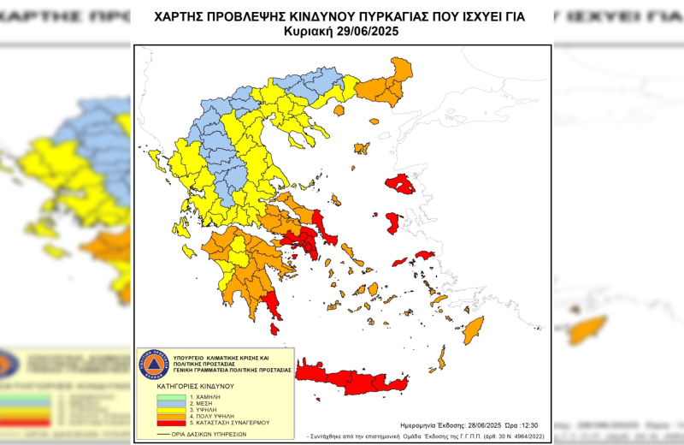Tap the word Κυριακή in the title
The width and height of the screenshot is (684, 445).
[x=312, y=31]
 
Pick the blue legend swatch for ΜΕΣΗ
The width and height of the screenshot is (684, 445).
[x=170, y=404]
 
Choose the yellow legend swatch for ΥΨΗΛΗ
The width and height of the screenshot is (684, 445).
[x=170, y=410]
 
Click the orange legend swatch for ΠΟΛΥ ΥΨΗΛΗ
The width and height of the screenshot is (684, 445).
[x=170, y=416]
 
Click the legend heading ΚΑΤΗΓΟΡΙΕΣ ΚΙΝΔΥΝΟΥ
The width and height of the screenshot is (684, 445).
[x=196, y=387]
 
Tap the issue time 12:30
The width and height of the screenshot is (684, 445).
[x=531, y=424]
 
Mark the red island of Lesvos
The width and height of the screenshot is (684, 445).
[x=400, y=184]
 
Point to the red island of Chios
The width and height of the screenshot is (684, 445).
[x=392, y=223]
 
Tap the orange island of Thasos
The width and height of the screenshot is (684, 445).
[x=339, y=110]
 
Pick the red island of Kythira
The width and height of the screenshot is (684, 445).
[x=275, y=329]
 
